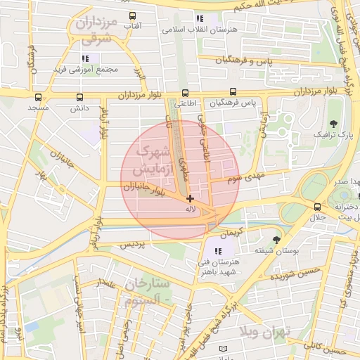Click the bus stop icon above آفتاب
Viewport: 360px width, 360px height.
(x=132, y=15)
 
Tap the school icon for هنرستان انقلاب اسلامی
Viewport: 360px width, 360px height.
(x=200, y=19)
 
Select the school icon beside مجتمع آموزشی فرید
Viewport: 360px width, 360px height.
(x=85, y=58)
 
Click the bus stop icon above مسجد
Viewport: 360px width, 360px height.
(x=37, y=98)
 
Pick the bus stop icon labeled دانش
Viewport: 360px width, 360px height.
(x=79, y=98)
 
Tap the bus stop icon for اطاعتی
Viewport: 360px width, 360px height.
(x=185, y=92)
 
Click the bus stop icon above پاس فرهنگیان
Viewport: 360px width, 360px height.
(x=233, y=92)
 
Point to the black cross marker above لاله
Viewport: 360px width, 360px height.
(x=190, y=199)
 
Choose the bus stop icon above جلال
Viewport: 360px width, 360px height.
(x=318, y=207)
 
